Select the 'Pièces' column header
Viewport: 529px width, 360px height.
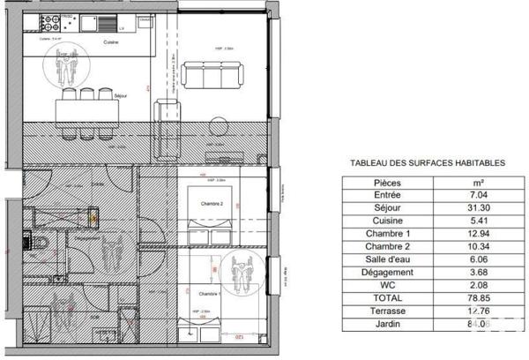[388, 181]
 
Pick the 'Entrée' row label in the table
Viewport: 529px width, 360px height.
[388, 195]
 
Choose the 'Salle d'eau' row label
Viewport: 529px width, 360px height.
[388, 260]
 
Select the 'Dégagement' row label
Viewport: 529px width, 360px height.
[388, 274]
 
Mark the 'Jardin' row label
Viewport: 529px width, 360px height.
[388, 325]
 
